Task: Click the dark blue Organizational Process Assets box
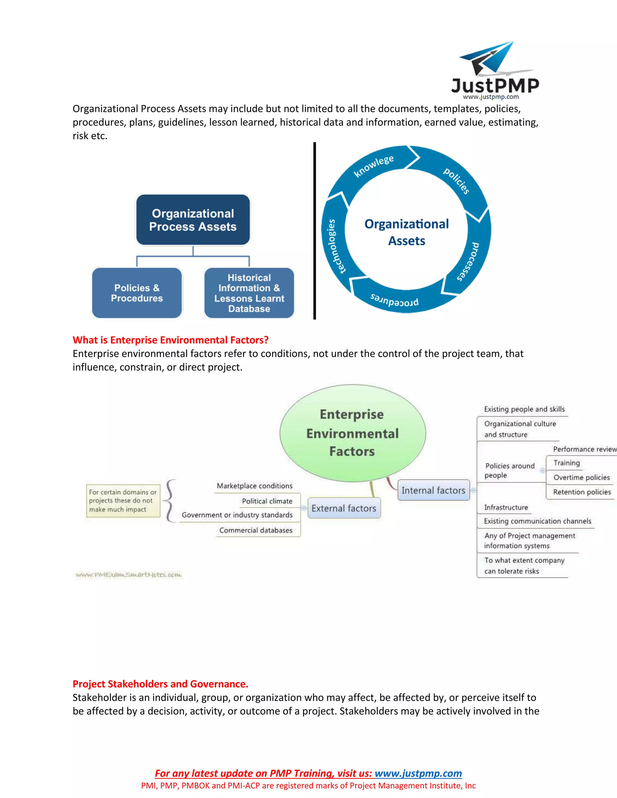193,220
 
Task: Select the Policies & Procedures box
137,293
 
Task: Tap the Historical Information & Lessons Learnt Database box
249,293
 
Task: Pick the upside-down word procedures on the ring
394,300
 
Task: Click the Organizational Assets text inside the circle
406,232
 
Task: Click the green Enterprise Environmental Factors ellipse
352,433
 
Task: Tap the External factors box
344,508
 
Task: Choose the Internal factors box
434,490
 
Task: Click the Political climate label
267,501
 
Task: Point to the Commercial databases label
256,530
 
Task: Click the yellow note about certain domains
123,500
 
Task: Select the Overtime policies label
581,478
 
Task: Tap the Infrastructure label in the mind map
506,507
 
